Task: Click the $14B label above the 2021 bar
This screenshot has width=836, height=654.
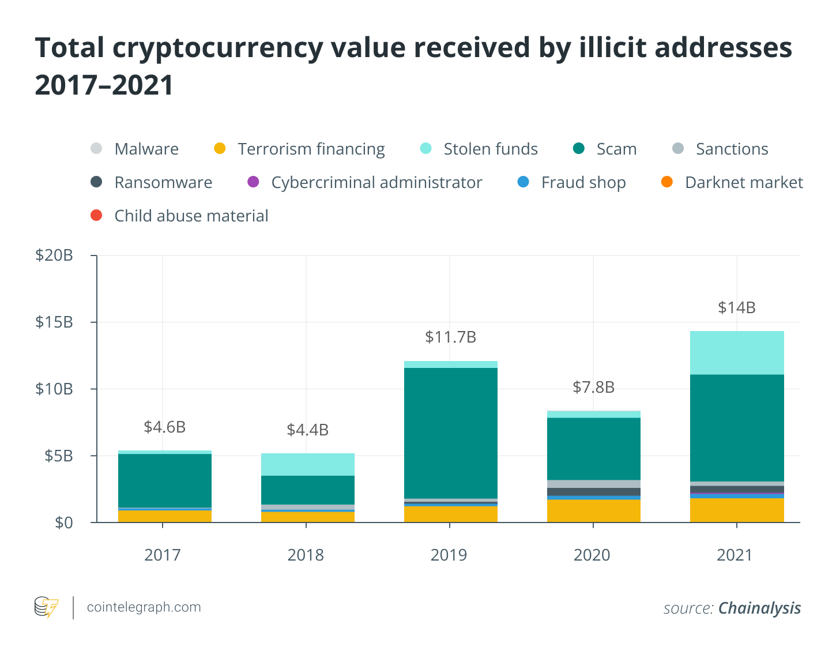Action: [736, 307]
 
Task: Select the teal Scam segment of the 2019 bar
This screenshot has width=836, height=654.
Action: [450, 433]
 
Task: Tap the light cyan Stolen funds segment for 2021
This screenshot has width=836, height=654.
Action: [736, 352]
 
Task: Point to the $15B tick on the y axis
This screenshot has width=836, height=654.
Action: [54, 322]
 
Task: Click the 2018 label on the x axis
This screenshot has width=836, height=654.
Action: [306, 555]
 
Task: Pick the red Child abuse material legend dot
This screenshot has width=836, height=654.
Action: [96, 216]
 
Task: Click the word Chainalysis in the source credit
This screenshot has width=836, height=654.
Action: [759, 608]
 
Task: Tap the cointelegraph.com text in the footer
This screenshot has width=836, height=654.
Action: [144, 607]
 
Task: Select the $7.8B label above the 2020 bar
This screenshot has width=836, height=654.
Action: [593, 387]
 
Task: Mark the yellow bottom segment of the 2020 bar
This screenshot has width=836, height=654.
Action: [593, 510]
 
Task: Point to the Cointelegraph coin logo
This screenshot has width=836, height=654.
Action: [46, 607]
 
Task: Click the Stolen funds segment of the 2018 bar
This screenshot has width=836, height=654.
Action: [307, 464]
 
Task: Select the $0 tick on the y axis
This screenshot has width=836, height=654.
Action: [63, 523]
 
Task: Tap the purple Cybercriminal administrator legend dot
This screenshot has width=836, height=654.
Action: [253, 182]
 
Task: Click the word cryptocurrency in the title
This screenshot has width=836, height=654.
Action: [217, 47]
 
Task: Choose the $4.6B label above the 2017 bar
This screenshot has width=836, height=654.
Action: [164, 427]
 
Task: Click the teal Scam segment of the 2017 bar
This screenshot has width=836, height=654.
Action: [164, 480]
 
